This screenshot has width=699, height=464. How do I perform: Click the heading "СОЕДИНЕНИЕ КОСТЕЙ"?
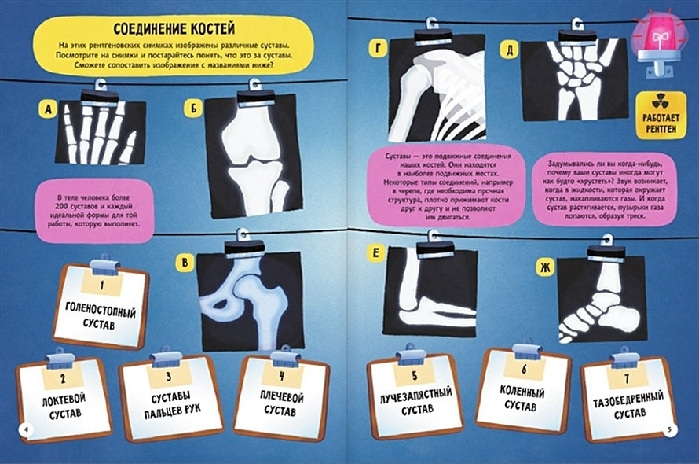pyautogui.click(x=174, y=29)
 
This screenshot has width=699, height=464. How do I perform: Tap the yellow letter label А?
pyautogui.click(x=48, y=109)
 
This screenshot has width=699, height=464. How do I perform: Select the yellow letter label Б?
pyautogui.click(x=193, y=108)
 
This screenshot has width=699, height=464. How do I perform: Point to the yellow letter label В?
pyautogui.click(x=185, y=263)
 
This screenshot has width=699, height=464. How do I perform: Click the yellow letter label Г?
pyautogui.click(x=378, y=48)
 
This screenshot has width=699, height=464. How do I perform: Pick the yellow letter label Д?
pyautogui.click(x=510, y=50)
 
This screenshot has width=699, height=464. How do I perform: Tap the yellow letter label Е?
pyautogui.click(x=375, y=253)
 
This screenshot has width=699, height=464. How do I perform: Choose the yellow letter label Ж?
pyautogui.click(x=545, y=267)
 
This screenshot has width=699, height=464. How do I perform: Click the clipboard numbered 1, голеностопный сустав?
pyautogui.click(x=101, y=305)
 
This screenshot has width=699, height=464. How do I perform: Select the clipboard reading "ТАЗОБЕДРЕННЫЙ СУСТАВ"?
pyautogui.click(x=628, y=396)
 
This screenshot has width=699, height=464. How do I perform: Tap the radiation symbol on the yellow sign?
pyautogui.click(x=661, y=103)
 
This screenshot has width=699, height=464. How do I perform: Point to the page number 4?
pyautogui.click(x=26, y=429)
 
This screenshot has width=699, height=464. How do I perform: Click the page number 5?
pyautogui.click(x=669, y=429)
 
